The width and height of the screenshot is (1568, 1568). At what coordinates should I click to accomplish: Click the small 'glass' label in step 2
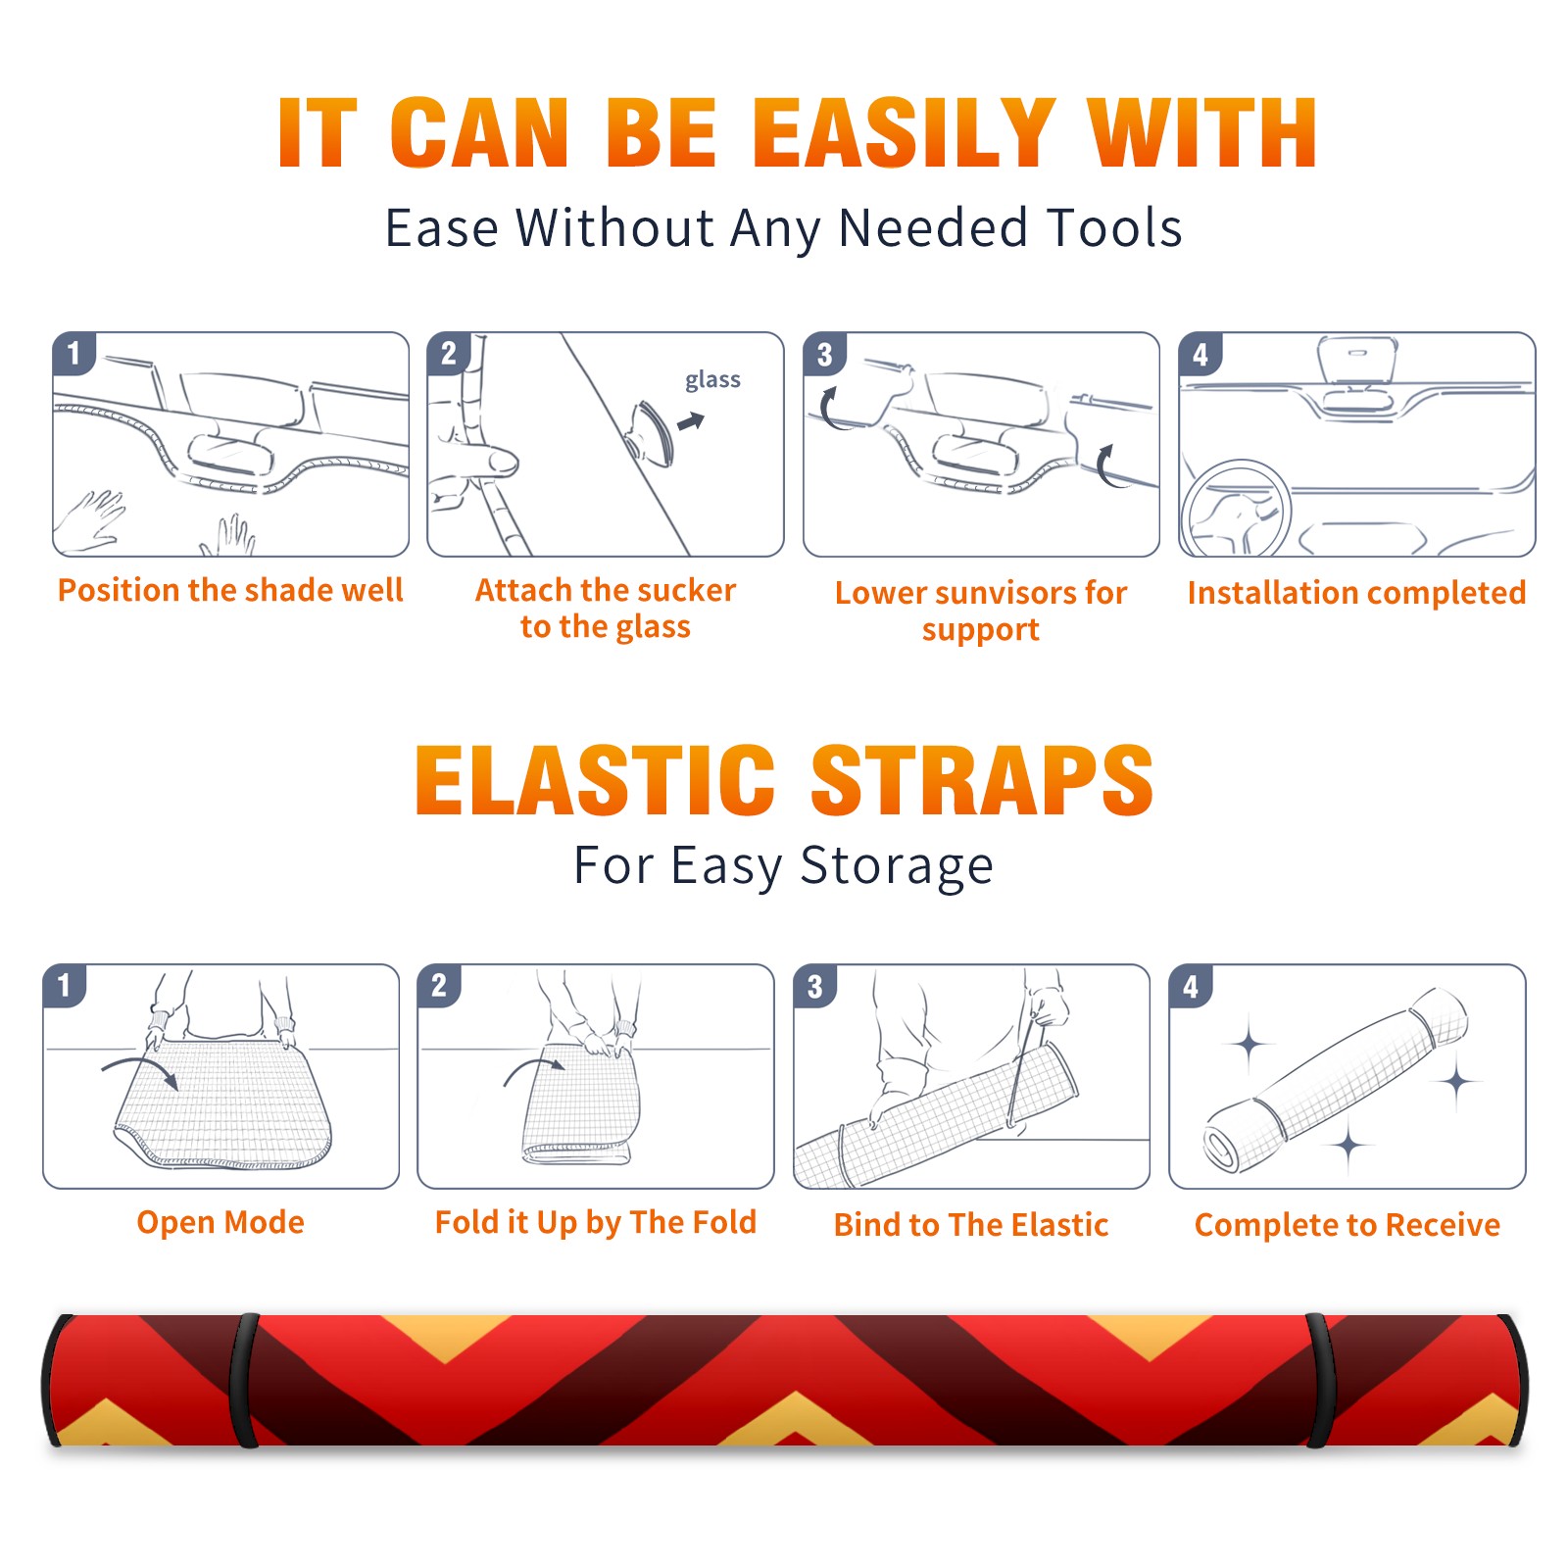[x=712, y=380]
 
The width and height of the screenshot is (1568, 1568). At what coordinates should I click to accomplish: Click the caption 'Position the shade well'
[x=230, y=590]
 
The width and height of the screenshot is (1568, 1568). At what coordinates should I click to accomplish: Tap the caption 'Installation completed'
[x=1356, y=593]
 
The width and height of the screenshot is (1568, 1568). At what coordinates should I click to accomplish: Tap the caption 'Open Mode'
[x=220, y=1222]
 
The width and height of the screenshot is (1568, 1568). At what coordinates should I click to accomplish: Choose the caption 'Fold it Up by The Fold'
[x=596, y=1223]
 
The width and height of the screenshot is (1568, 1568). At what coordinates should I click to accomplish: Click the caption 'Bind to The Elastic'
[x=971, y=1225]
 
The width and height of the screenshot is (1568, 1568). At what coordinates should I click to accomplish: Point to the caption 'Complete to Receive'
[x=1347, y=1225]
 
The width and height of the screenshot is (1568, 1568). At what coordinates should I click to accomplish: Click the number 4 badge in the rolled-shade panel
[x=1191, y=986]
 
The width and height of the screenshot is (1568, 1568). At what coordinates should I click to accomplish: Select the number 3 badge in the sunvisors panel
[x=824, y=354]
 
